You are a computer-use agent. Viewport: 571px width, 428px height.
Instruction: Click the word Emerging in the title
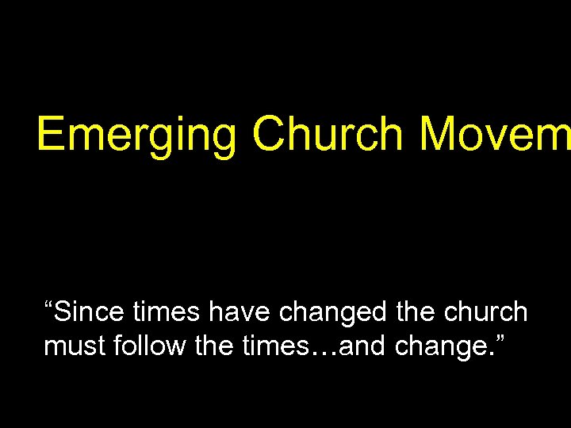click(x=136, y=134)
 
